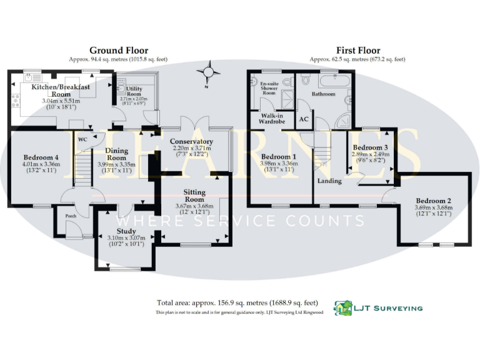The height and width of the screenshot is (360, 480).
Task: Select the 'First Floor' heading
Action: click(x=357, y=51)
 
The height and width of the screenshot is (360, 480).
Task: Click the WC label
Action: click(x=82, y=139)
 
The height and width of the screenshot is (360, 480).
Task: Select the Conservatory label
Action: click(x=191, y=142)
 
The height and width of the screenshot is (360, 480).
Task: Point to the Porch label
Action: click(x=71, y=217)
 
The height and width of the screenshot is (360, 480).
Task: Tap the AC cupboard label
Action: click(x=304, y=119)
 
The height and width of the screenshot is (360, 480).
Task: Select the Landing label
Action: click(x=329, y=181)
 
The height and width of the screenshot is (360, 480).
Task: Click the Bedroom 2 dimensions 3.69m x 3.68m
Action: click(x=432, y=207)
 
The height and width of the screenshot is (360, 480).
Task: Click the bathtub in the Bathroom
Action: click(x=336, y=81)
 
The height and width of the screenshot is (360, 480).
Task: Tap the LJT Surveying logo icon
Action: click(x=343, y=307)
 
